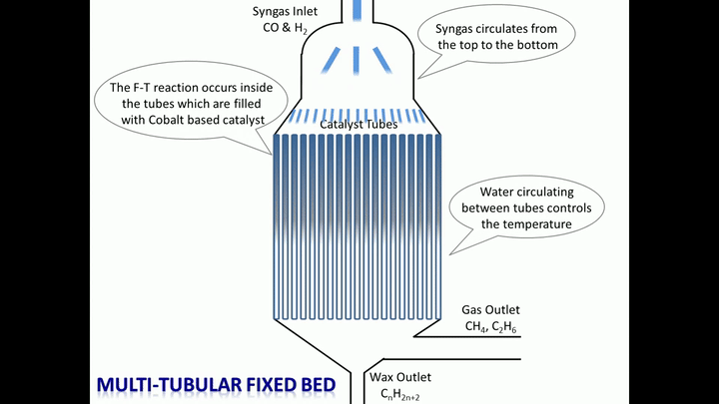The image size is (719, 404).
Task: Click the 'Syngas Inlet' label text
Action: click(x=289, y=11)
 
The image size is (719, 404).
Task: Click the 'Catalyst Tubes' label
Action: click(x=359, y=125)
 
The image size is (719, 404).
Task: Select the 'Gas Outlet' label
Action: click(x=490, y=310)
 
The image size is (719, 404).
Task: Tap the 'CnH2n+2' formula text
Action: click(x=400, y=395)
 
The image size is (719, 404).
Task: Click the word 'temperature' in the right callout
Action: click(x=534, y=224)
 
